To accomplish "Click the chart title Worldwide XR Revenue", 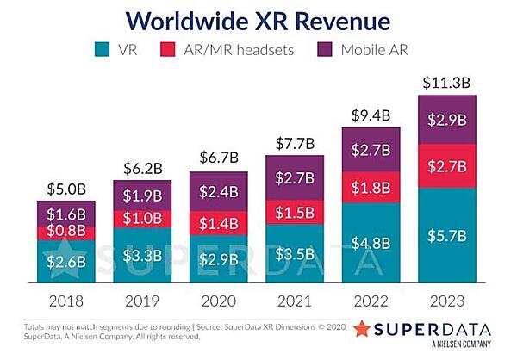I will (x=258, y=21).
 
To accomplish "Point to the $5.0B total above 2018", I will (x=65, y=189).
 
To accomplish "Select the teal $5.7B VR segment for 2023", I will (x=446, y=236).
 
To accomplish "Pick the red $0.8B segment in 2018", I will (x=65, y=231).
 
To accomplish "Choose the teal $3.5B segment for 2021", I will (x=294, y=254).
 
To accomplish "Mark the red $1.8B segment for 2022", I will (x=371, y=187).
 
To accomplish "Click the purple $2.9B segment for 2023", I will (x=446, y=120).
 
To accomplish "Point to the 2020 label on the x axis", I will (x=218, y=301).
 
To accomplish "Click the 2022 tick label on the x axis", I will (x=371, y=301).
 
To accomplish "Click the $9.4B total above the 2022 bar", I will (x=371, y=115).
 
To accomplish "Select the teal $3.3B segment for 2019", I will (x=141, y=256).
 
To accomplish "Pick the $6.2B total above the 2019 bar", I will (x=141, y=166).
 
